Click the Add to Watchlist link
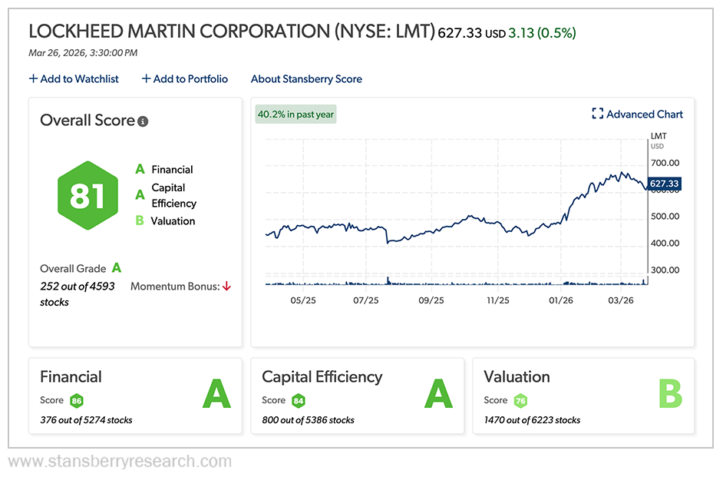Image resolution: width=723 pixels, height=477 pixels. click(x=74, y=79)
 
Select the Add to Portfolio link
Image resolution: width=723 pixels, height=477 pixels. click(x=185, y=79)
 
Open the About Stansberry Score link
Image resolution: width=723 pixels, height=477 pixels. click(x=306, y=79)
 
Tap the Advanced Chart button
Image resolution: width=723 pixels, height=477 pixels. click(x=637, y=114)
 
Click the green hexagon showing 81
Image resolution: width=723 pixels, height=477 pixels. click(x=87, y=196)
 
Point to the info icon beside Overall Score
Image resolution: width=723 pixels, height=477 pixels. click(x=143, y=121)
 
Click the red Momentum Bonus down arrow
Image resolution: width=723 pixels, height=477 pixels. click(x=226, y=287)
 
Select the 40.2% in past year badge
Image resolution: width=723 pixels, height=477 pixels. click(x=295, y=114)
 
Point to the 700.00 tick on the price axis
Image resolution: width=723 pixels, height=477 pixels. click(x=665, y=163)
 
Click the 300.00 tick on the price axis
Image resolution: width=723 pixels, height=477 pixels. click(x=665, y=270)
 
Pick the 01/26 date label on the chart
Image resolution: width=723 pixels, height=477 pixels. click(x=561, y=300)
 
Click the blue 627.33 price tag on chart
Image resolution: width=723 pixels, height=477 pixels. click(x=665, y=184)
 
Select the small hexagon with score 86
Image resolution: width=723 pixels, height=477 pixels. click(x=76, y=401)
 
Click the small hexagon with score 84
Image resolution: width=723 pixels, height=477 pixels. click(x=298, y=401)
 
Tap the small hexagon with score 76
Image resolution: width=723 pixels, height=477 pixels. click(x=520, y=401)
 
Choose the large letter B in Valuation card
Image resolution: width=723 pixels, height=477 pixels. click(x=669, y=395)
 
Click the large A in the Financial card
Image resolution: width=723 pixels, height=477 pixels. click(x=216, y=395)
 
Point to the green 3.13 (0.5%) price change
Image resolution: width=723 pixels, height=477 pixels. click(x=542, y=33)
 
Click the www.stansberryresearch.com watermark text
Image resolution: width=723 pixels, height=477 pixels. click(x=120, y=462)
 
